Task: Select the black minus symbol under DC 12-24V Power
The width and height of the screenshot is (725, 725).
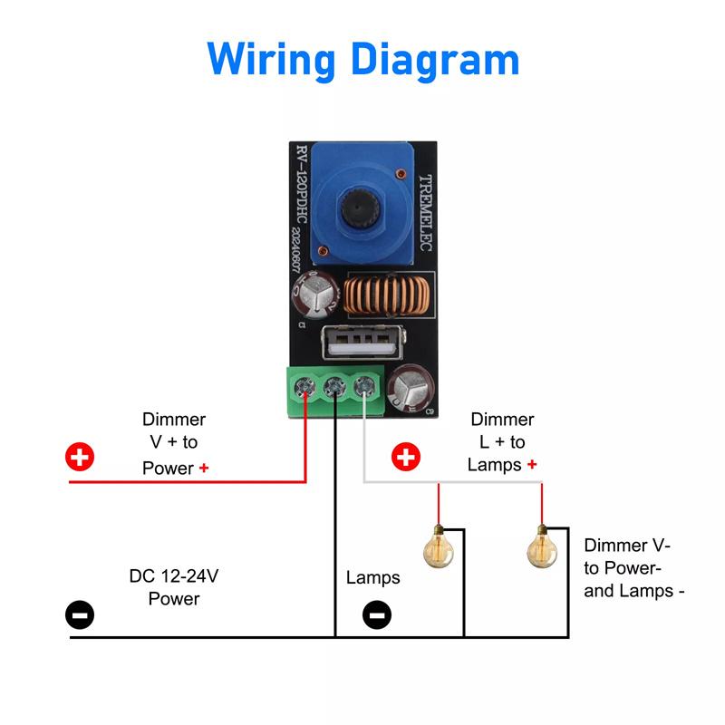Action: [80, 615]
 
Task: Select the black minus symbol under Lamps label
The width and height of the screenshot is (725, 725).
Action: [376, 615]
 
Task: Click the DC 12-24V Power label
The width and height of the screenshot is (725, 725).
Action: [174, 587]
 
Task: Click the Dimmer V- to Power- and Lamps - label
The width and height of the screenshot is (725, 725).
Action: [633, 568]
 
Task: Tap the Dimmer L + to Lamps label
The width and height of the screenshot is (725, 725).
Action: [502, 442]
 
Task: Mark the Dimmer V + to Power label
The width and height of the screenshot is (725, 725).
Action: [174, 443]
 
